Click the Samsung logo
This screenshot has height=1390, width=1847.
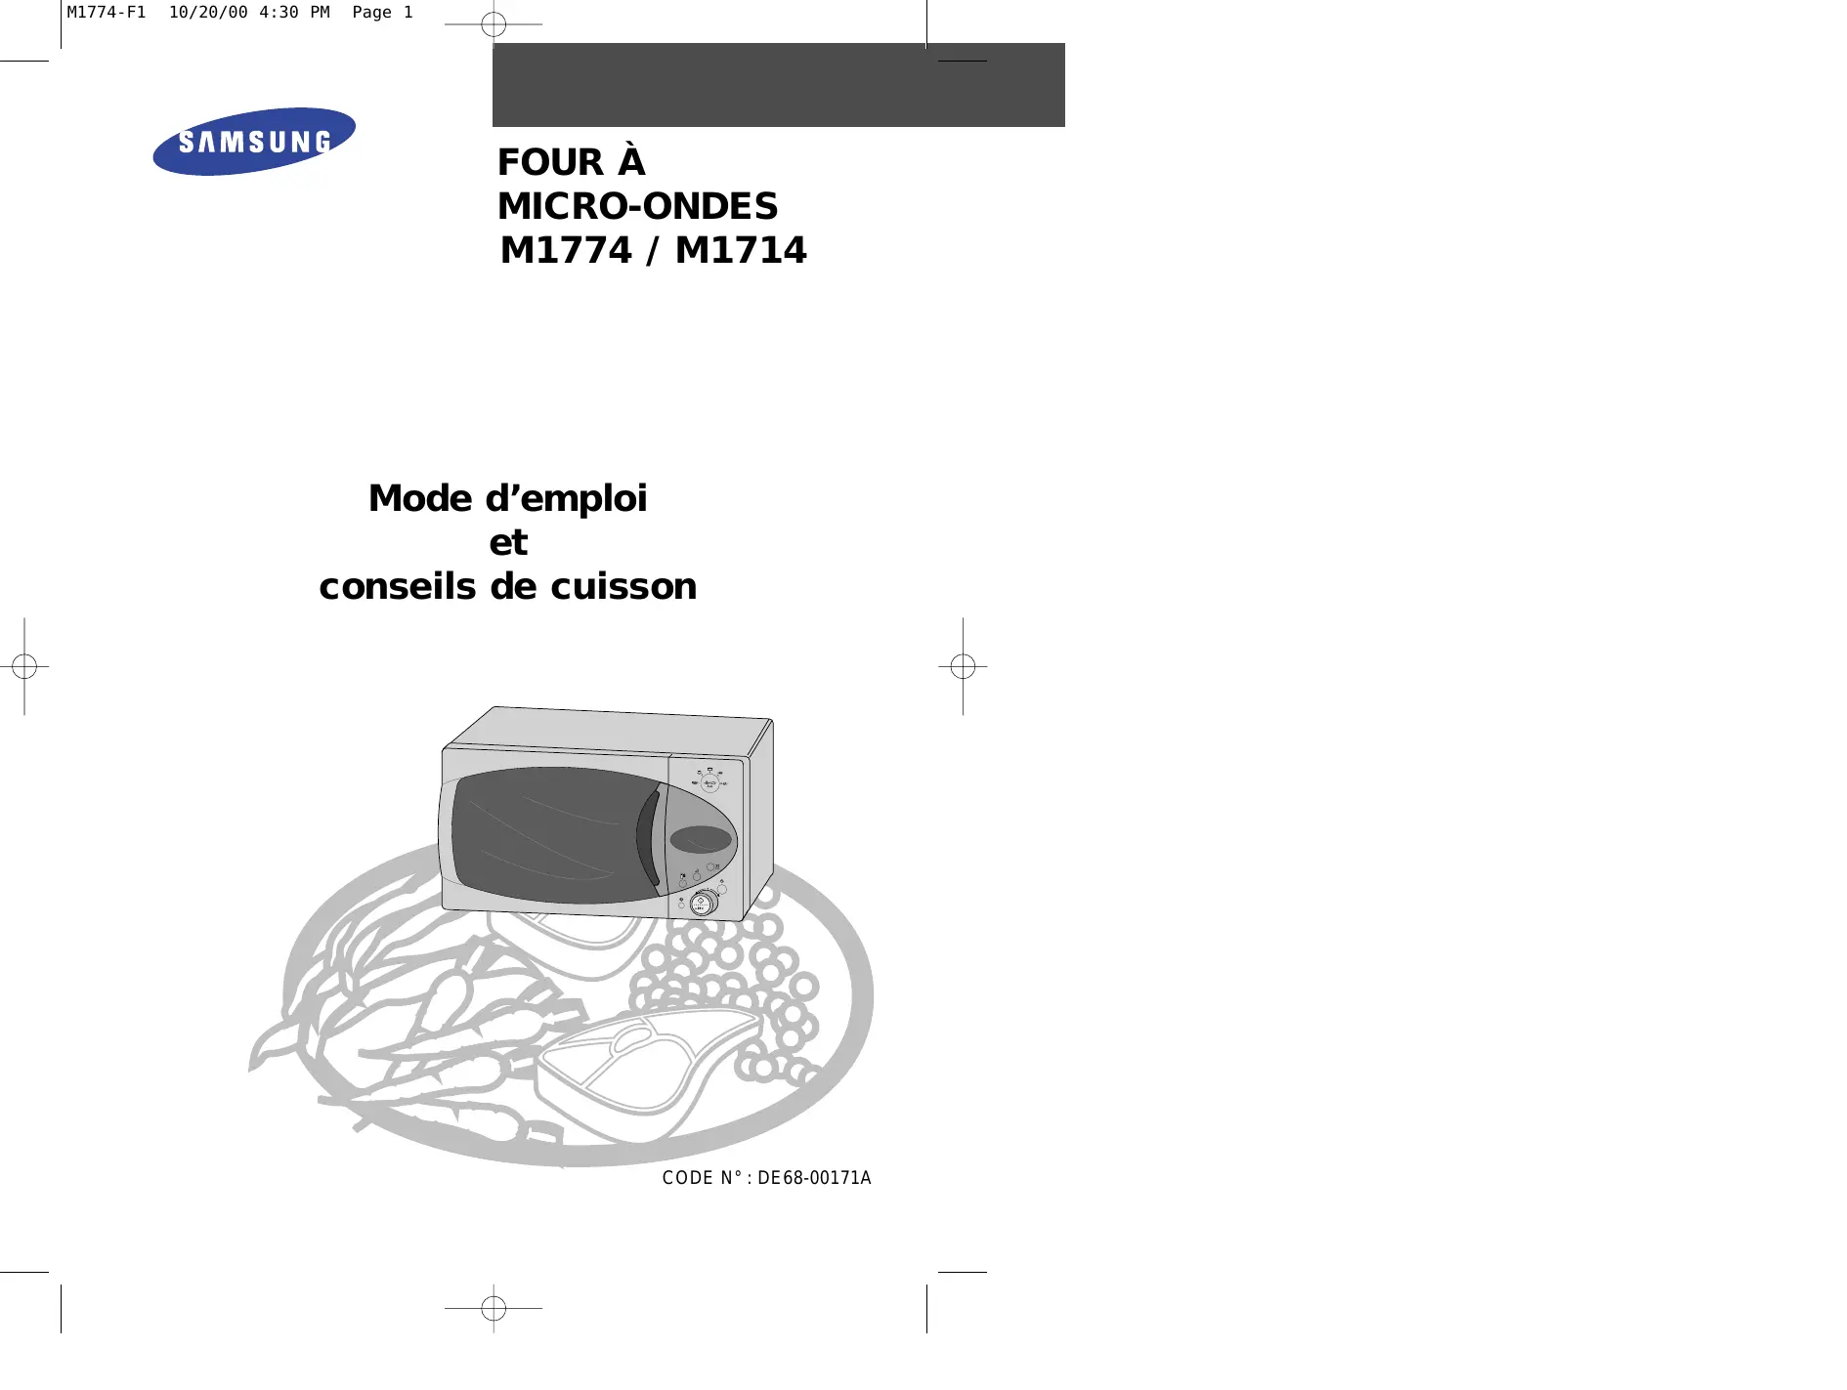click(254, 142)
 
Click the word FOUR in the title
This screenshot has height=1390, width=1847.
click(550, 162)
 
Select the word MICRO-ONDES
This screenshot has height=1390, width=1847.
click(637, 206)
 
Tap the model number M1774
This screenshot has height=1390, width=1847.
click(566, 251)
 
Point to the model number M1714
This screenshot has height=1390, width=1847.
click(741, 251)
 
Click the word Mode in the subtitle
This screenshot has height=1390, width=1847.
click(420, 498)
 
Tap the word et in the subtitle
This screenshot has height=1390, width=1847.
click(508, 542)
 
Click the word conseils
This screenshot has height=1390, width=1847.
click(399, 586)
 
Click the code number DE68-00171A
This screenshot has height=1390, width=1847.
click(814, 1178)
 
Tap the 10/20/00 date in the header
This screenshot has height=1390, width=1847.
click(208, 13)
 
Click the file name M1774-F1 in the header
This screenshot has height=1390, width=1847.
click(106, 13)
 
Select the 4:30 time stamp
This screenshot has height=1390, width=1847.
click(279, 13)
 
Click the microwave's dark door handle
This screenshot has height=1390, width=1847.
click(647, 837)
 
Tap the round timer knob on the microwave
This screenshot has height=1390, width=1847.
click(703, 903)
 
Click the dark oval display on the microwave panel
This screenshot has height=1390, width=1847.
click(701, 839)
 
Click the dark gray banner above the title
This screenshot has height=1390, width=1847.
click(778, 85)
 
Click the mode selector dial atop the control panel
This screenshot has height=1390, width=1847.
click(710, 782)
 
